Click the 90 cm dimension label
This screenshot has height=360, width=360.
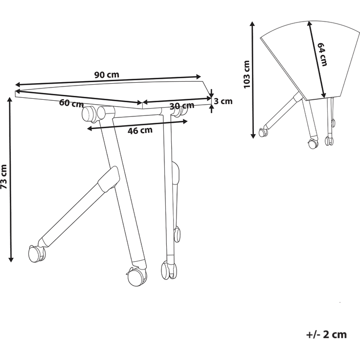(107, 75)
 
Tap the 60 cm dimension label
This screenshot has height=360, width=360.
(71, 103)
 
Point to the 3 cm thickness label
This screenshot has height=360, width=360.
(223, 102)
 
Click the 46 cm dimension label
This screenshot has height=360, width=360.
(140, 130)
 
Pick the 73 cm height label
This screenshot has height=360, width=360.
(4, 178)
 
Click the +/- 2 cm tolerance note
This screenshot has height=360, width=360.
(326, 335)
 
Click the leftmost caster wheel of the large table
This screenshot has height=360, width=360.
(36, 253)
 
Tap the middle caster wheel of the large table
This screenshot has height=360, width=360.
(135, 277)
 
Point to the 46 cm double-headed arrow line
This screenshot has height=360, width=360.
(137, 124)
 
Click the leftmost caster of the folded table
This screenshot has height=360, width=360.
(264, 132)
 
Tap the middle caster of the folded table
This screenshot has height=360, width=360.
(311, 143)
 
